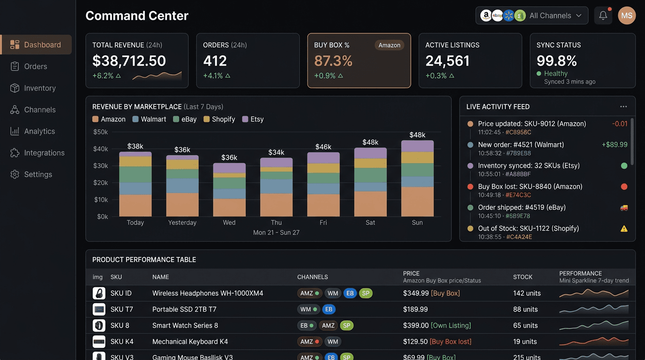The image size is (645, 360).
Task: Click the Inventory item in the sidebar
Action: tap(39, 88)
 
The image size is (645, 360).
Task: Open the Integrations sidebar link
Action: tap(44, 153)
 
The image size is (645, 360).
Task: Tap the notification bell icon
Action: tap(603, 15)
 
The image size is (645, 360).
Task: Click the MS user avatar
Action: tap(627, 15)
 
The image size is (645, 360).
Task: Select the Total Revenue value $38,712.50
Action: tap(129, 61)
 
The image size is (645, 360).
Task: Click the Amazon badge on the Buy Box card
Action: tap(389, 45)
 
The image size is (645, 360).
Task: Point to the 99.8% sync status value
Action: tap(557, 61)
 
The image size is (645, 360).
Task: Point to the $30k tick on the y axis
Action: tap(101, 166)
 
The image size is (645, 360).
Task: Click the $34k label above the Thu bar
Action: tap(276, 152)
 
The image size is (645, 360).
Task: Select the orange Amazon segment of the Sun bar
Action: tap(417, 202)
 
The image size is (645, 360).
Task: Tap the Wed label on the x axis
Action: tap(229, 223)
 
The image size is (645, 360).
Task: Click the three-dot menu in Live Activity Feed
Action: tap(623, 107)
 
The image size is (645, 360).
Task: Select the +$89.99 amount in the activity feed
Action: tap(615, 145)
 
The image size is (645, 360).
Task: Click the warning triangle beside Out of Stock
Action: tap(624, 229)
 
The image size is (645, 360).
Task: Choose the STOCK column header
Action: tap(523, 277)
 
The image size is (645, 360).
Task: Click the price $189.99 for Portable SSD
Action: tap(415, 309)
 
